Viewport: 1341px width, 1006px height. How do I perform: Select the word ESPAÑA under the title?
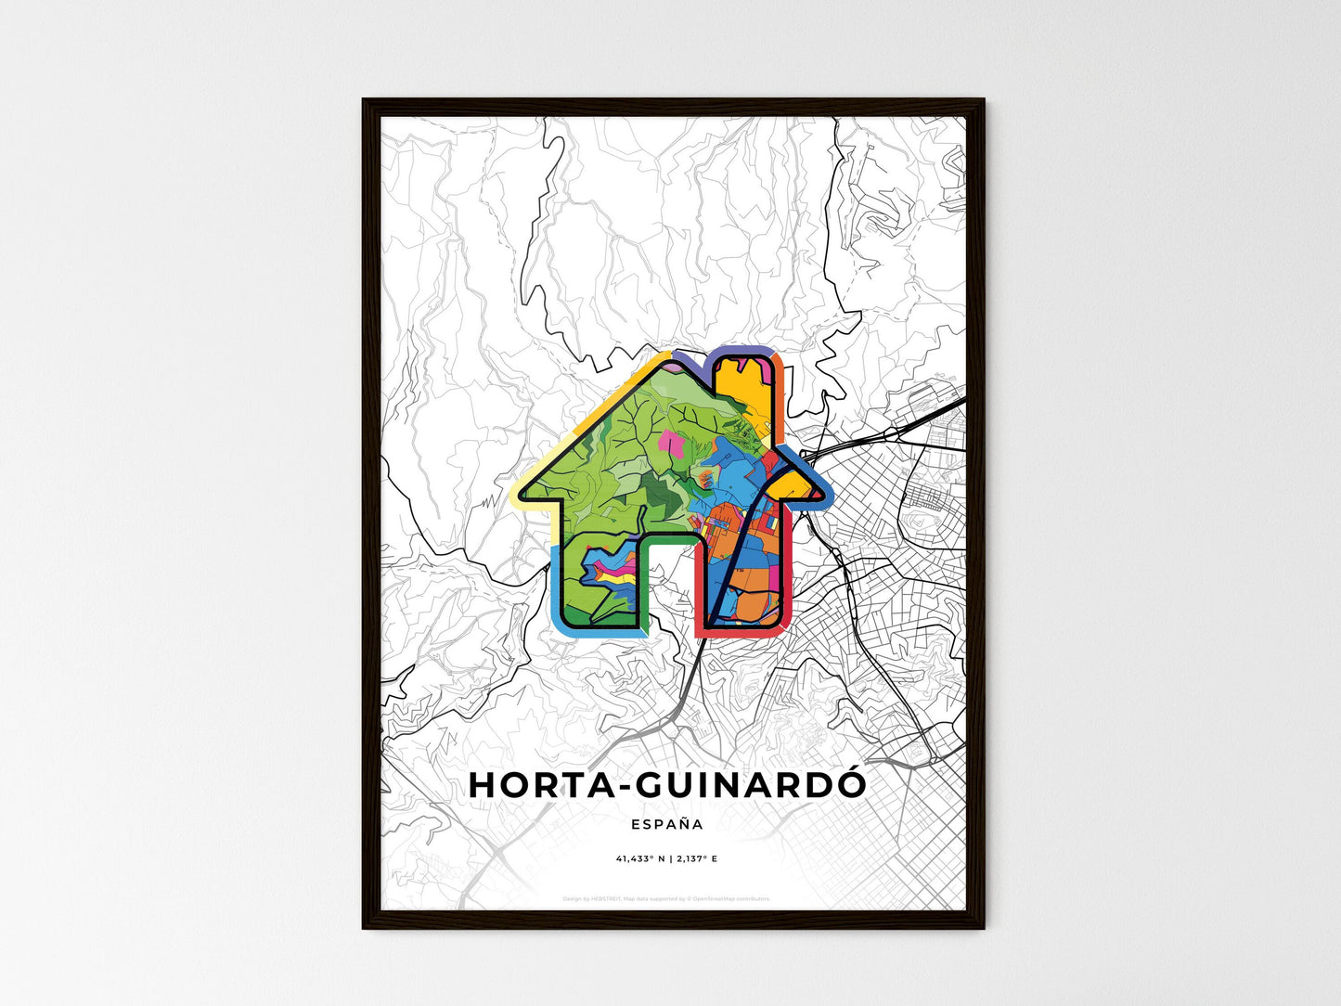point(666,824)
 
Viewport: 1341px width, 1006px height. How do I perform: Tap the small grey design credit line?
point(666,898)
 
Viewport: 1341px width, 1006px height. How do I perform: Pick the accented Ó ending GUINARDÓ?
point(851,783)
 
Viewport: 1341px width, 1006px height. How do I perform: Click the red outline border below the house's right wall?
point(742,635)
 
